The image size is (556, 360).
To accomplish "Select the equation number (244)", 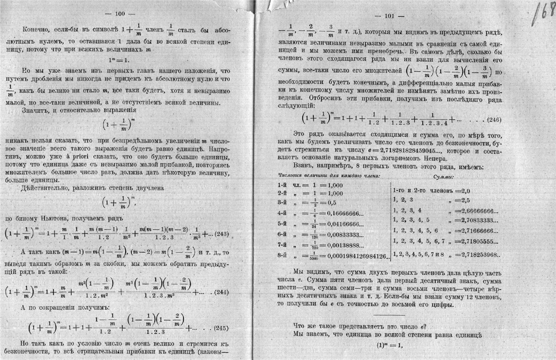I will (223, 292).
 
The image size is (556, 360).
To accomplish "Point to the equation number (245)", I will (222, 328).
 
